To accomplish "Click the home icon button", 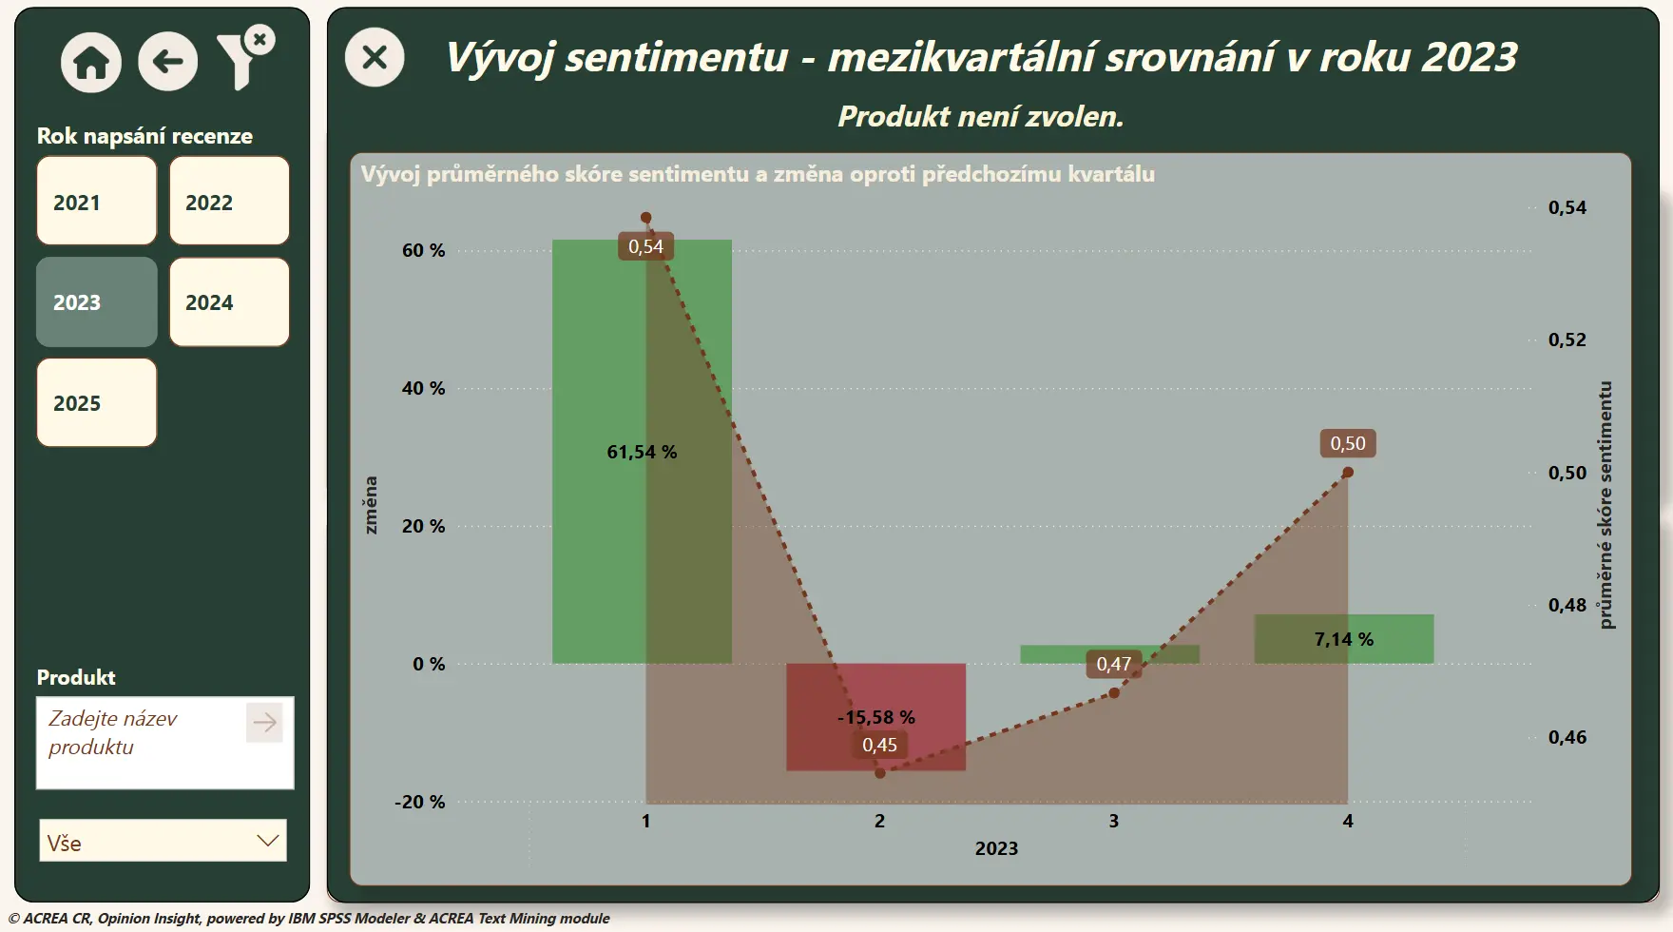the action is tap(91, 63).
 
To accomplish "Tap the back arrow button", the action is tap(168, 62).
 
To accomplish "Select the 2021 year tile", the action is tap(97, 201).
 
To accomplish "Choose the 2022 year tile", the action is tap(229, 201).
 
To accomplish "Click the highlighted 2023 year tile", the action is tap(97, 301).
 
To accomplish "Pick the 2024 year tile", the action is tap(229, 301).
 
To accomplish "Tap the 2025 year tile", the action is tap(97, 402).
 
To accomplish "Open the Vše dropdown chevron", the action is tap(268, 841).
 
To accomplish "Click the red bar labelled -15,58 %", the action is tap(875, 716).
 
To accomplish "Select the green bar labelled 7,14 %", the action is tap(1344, 639).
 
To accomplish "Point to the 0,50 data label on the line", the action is tap(1348, 443).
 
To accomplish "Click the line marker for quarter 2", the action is tap(880, 773).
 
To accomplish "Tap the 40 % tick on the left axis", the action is tap(423, 388).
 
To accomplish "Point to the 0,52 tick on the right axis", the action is tap(1567, 340).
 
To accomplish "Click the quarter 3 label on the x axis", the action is tap(1114, 821).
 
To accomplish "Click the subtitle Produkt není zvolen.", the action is tap(981, 116).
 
